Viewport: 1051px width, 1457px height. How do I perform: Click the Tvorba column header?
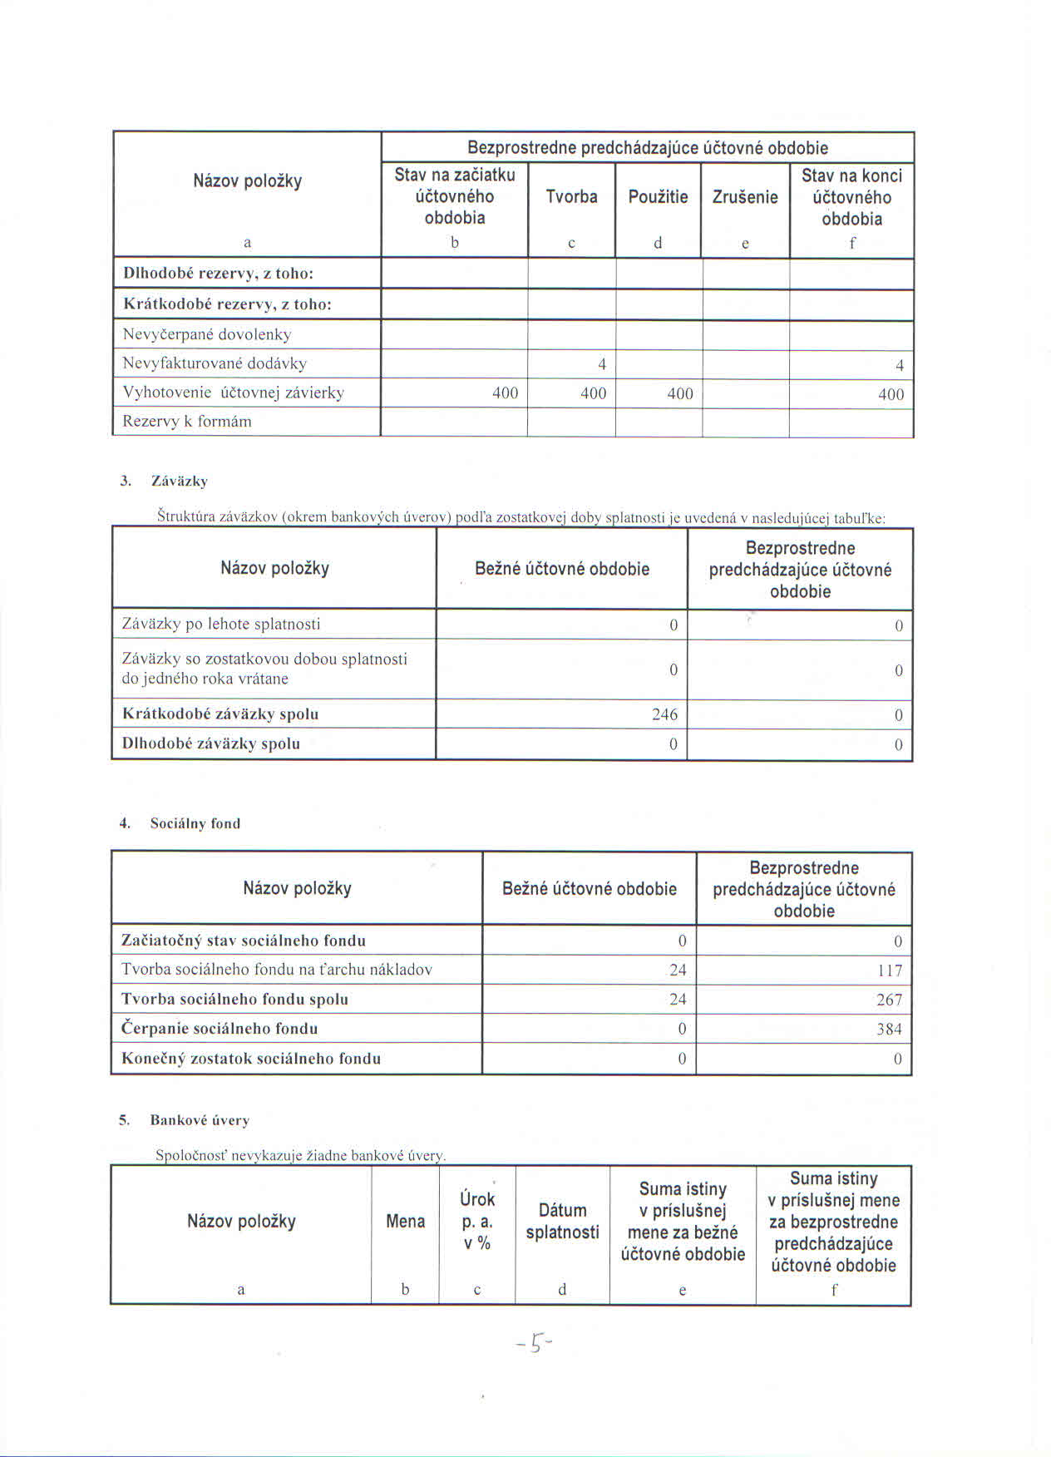pyautogui.click(x=571, y=197)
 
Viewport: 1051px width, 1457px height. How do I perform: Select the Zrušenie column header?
pyautogui.click(x=745, y=197)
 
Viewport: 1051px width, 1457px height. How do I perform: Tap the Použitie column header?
pyautogui.click(x=658, y=197)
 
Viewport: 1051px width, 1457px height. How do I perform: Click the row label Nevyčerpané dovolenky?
pyautogui.click(x=207, y=334)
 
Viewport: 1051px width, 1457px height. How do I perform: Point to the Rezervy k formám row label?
pyautogui.click(x=187, y=421)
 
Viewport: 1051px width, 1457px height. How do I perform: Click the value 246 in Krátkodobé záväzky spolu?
pyautogui.click(x=664, y=714)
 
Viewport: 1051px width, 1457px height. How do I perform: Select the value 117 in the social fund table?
pyautogui.click(x=890, y=971)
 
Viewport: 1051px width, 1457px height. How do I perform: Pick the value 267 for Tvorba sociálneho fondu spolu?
pyautogui.click(x=889, y=1000)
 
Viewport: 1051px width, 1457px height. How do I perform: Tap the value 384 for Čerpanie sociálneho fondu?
pyautogui.click(x=889, y=1030)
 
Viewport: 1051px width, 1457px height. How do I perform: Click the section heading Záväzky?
pyautogui.click(x=180, y=481)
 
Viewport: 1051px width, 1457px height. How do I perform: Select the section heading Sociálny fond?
pyautogui.click(x=195, y=823)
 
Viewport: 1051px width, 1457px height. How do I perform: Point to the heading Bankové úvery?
pyautogui.click(x=200, y=1120)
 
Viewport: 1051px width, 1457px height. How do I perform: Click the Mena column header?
pyautogui.click(x=405, y=1221)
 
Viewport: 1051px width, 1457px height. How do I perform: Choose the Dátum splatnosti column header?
pyautogui.click(x=562, y=1221)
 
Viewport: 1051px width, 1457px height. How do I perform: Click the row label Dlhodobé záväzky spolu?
pyautogui.click(x=211, y=743)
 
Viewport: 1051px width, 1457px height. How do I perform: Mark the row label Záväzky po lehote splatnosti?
pyautogui.click(x=221, y=624)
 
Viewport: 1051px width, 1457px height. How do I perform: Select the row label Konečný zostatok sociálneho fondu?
pyautogui.click(x=251, y=1059)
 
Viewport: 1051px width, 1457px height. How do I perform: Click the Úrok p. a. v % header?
pyautogui.click(x=476, y=1221)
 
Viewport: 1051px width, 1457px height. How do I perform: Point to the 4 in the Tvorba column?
pyautogui.click(x=601, y=364)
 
